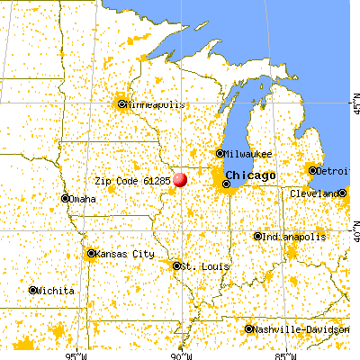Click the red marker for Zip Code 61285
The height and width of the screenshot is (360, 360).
pos(181,180)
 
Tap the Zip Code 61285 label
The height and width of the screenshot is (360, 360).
pos(132,179)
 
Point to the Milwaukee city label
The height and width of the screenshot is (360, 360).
pos(245,154)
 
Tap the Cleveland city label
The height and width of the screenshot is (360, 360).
pos(315,193)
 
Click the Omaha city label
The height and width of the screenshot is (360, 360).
pos(83,198)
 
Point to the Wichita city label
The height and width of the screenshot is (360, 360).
pos(56,291)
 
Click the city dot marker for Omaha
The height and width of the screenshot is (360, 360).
pos(65,198)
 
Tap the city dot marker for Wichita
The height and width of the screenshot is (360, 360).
pos(32,291)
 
